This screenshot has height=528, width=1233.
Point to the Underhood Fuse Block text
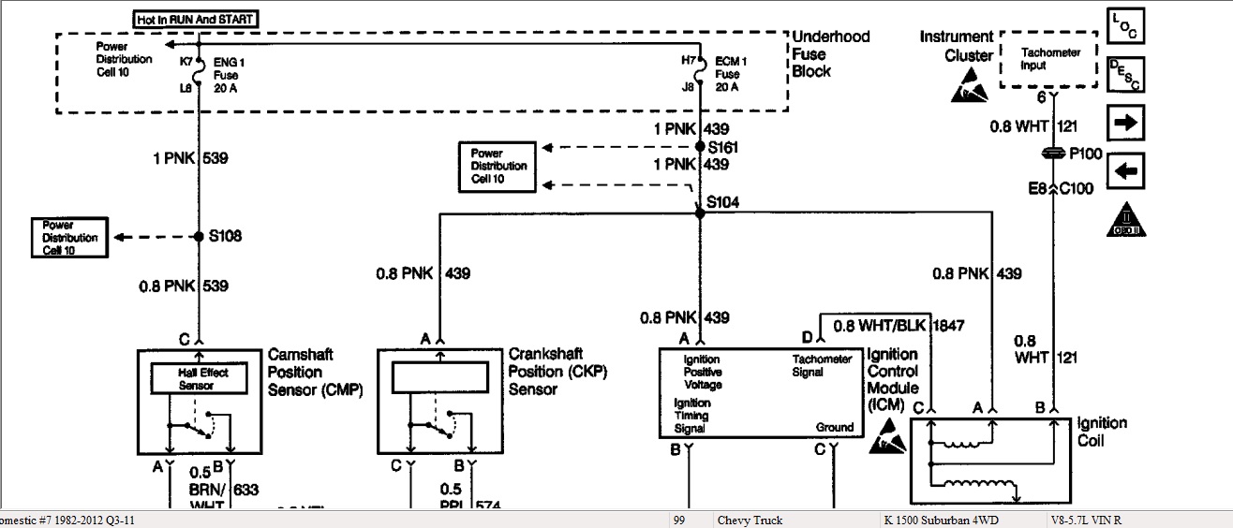tap(830, 53)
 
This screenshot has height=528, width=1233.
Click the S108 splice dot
tap(200, 237)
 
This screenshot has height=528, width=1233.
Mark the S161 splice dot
tap(699, 147)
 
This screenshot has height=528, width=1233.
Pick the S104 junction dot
tap(699, 213)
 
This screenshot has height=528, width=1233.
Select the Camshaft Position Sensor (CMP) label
tap(314, 372)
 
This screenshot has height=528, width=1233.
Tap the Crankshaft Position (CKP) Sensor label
tap(557, 371)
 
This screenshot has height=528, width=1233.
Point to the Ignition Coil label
tap(1102, 432)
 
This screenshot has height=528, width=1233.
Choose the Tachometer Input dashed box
tap(1049, 60)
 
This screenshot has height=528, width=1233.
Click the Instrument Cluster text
tap(956, 46)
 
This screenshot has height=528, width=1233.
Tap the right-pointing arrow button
tap(1126, 123)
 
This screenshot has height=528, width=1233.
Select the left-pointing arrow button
tap(1126, 171)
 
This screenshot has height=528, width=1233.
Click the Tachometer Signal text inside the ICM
tap(822, 365)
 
